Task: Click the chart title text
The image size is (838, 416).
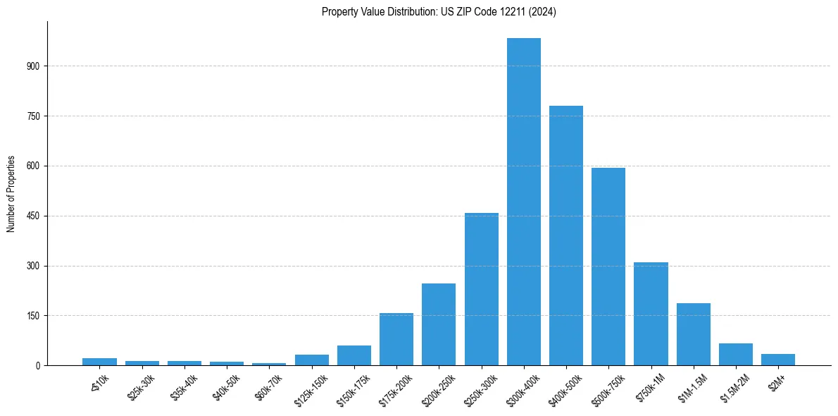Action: (439, 12)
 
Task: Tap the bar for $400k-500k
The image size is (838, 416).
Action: (566, 235)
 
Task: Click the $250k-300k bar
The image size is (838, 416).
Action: (482, 289)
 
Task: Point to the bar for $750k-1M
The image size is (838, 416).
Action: (651, 314)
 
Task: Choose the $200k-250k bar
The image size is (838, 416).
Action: (439, 324)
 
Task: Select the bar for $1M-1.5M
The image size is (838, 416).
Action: (693, 334)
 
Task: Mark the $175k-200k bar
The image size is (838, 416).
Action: (396, 339)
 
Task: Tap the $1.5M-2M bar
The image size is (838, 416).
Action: (736, 355)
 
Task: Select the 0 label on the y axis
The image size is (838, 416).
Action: (39, 366)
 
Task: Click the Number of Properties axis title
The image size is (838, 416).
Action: (11, 194)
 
